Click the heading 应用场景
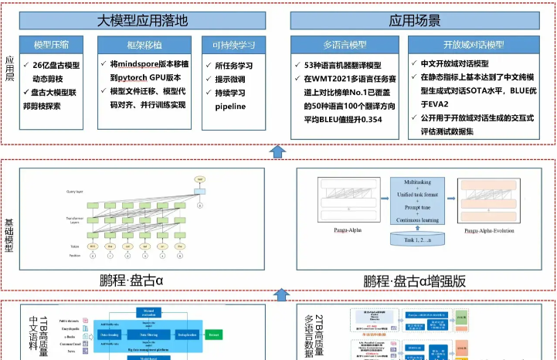click(x=415, y=20)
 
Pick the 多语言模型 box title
click(x=345, y=44)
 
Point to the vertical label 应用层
click(x=10, y=70)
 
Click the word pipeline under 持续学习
click(x=230, y=105)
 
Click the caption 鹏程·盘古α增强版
click(x=414, y=281)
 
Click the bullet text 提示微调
click(x=230, y=79)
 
